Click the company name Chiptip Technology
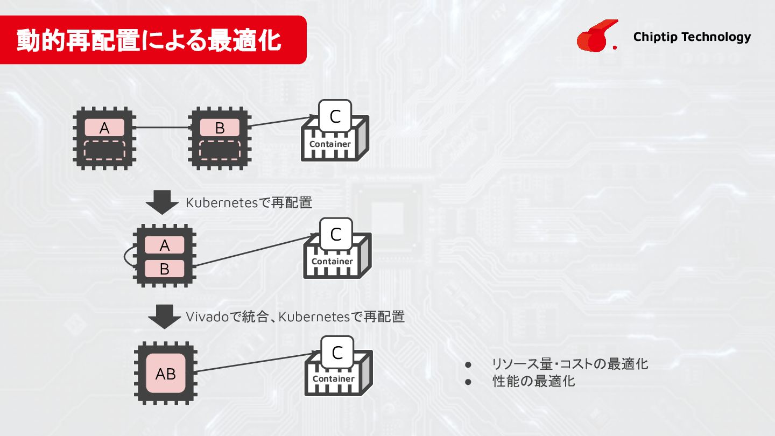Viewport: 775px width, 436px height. point(692,37)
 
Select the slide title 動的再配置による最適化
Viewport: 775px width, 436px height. point(149,40)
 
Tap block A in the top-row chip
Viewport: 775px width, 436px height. point(104,128)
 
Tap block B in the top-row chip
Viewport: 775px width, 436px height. point(220,128)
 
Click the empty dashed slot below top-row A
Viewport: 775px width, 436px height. point(104,150)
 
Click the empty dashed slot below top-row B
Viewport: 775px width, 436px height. point(220,150)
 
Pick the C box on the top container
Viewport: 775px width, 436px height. point(335,117)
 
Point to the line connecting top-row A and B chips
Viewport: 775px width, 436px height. point(161,128)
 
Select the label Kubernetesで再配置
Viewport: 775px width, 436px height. point(249,203)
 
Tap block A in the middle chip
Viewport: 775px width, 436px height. point(165,245)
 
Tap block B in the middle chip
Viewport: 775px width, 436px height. point(165,269)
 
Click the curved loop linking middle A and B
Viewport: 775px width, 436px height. point(128,257)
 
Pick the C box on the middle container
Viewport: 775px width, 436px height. point(336,235)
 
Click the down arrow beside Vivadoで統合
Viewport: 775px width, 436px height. point(164,317)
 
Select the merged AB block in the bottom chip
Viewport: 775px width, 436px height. point(165,374)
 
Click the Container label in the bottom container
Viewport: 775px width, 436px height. point(334,378)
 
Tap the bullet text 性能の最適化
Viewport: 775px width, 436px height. point(534,381)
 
